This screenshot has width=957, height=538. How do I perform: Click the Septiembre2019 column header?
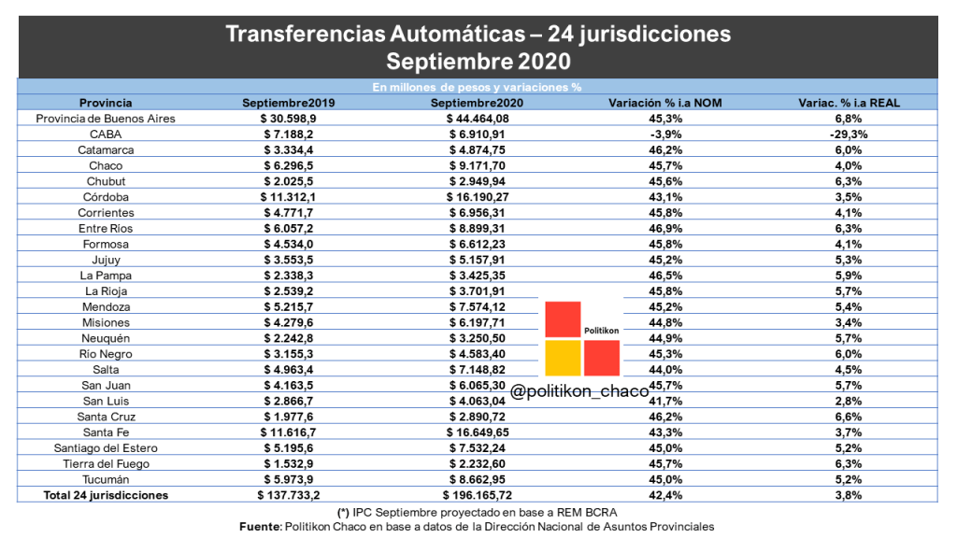point(288,103)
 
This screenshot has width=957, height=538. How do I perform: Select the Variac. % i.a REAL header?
point(849,103)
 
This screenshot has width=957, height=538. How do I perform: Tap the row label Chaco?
point(106,166)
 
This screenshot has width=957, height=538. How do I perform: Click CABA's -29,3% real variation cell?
point(849,134)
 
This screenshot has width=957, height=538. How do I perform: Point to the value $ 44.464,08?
point(478,119)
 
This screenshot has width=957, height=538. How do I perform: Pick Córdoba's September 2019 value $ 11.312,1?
point(288,197)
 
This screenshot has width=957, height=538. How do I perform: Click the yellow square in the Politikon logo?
point(563,358)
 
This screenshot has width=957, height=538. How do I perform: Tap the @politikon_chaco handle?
point(579,391)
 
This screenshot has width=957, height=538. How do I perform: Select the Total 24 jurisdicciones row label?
point(106,495)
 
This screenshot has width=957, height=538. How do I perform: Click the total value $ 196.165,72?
point(478,495)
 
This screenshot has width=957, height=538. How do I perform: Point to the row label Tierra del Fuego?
point(106,464)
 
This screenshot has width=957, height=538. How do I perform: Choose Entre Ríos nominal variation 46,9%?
point(665,229)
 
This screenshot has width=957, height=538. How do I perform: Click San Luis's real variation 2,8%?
point(849,402)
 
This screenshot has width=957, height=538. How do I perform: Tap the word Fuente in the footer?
point(260,527)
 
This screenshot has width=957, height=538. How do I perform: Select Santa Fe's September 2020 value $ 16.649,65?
point(478,432)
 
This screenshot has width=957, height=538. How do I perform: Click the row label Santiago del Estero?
point(106,448)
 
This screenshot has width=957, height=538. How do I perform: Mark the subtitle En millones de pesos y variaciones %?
point(477,87)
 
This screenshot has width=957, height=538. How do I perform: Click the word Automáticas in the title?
point(458,34)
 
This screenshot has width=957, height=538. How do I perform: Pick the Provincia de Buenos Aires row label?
point(106,119)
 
